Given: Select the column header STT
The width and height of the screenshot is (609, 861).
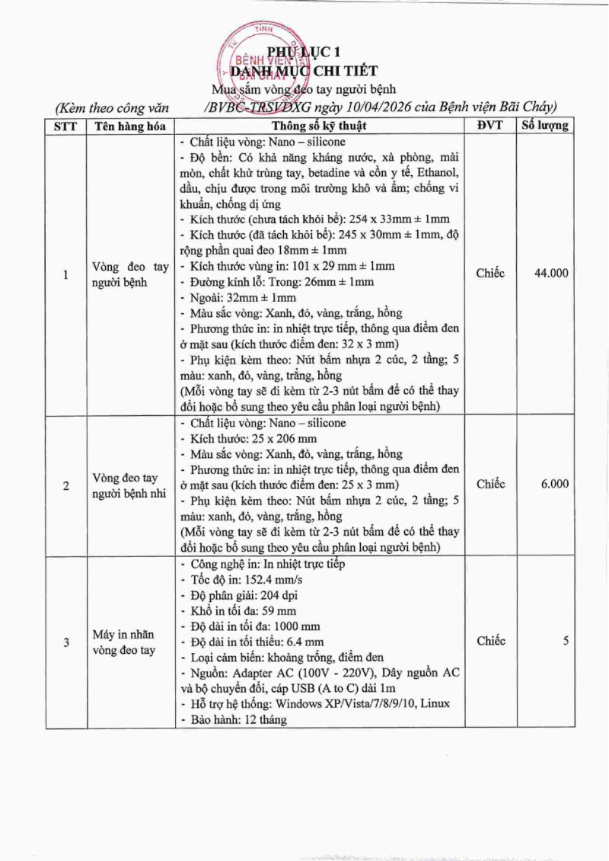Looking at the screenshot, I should click(65, 126).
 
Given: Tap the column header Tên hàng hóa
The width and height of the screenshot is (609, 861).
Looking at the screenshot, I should click(130, 126).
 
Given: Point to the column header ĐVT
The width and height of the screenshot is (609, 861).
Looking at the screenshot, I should click(490, 126).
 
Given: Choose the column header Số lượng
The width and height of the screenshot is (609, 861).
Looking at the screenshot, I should click(544, 126).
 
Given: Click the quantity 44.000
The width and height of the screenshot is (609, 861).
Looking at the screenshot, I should click(551, 274).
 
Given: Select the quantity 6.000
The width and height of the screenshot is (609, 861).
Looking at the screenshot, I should click(554, 485).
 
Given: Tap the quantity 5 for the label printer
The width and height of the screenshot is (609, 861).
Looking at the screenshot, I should click(566, 642).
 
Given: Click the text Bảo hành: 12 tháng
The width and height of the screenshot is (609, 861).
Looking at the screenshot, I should click(235, 719).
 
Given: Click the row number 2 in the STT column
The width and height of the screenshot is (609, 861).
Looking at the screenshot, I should click(65, 485).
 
